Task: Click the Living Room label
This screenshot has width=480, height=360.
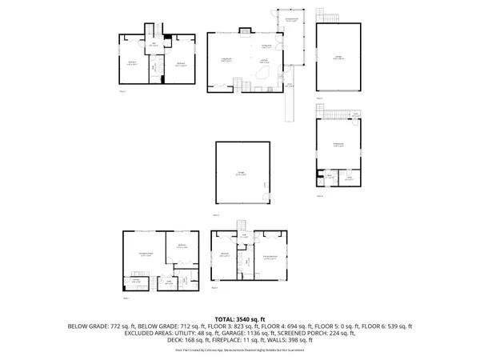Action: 226,60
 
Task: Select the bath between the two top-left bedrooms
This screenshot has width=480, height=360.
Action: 153,66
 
